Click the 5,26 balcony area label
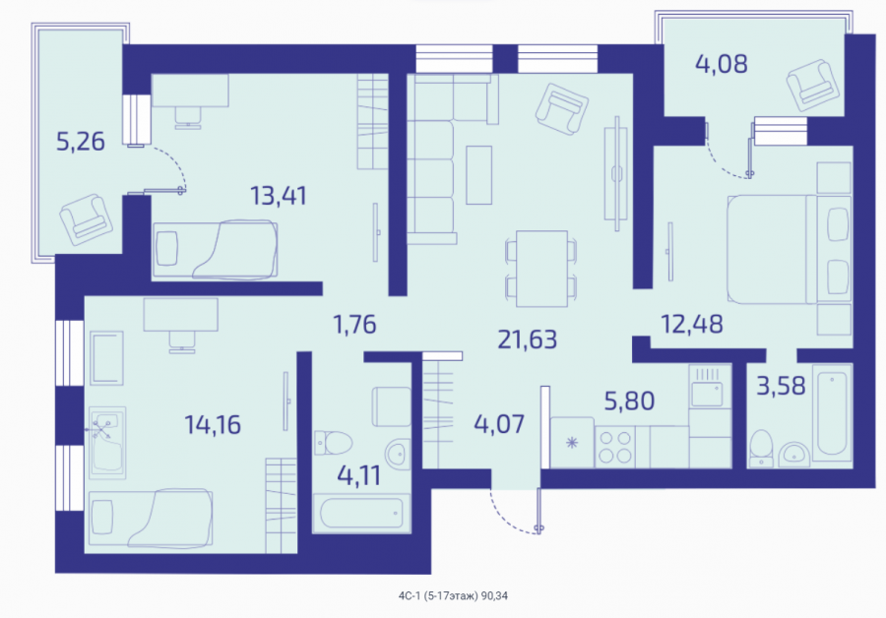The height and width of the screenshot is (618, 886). [81, 142]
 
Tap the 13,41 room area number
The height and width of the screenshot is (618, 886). [278, 196]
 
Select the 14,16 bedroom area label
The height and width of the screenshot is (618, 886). [213, 424]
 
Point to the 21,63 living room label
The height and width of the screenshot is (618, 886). [528, 340]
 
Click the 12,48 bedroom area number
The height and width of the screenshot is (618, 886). [692, 324]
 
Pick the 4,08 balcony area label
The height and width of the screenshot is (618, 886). [721, 64]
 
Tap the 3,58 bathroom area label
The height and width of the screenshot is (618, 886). [781, 387]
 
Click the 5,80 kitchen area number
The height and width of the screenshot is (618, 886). [629, 402]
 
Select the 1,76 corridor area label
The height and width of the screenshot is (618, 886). [354, 325]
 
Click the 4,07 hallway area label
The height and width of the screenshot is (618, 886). [499, 424]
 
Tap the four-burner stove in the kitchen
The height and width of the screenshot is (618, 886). [615, 447]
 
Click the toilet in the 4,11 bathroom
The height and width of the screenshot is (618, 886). [334, 443]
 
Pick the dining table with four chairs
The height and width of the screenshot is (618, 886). [541, 269]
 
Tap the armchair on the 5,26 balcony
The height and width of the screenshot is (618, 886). [86, 219]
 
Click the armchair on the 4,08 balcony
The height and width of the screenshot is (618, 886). [812, 86]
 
